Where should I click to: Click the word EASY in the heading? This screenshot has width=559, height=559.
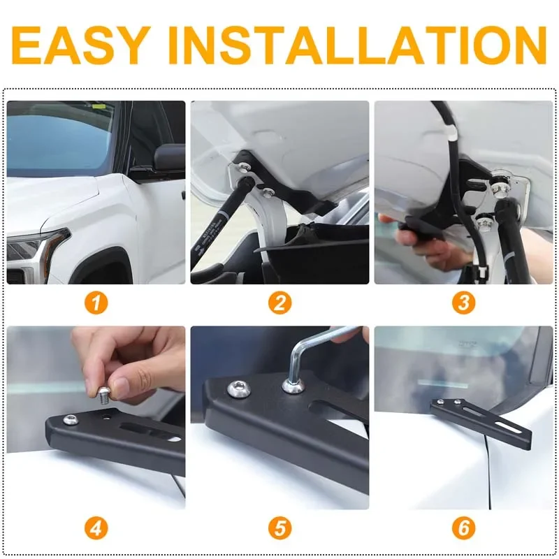coord(81,45)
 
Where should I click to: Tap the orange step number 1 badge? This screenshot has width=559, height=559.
coord(96,303)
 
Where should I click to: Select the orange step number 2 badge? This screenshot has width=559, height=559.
coord(280,303)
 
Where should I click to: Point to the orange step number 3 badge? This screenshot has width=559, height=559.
coord(463,303)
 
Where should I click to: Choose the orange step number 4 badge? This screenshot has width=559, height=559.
coord(96,528)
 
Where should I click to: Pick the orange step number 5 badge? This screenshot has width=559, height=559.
coord(280,528)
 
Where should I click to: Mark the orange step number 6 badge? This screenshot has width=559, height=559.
coord(463,528)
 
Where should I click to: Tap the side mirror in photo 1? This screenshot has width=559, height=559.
coord(168,158)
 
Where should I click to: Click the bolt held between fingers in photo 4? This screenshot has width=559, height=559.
coord(103,395)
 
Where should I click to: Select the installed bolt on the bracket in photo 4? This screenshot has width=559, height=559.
coord(71,420)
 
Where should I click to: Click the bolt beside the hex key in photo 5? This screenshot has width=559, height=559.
coord(239,389)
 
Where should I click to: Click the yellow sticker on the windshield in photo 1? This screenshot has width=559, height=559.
coord(98,106)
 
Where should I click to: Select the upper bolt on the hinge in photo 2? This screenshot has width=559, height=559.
coord(245,166)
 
